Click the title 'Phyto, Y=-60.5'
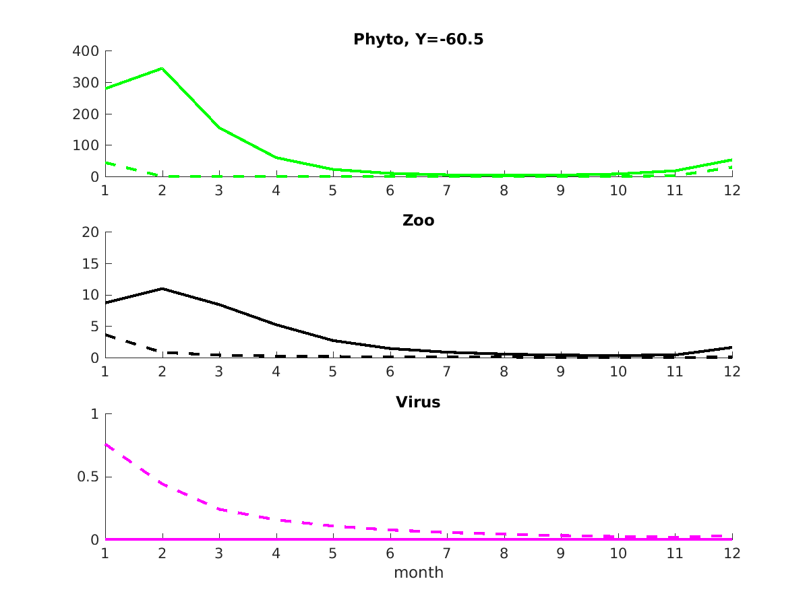(418, 40)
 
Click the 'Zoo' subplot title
(418, 220)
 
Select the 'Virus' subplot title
(418, 402)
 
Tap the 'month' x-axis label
(419, 572)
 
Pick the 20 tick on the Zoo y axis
(90, 232)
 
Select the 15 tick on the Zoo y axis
(90, 264)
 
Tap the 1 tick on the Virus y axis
(95, 414)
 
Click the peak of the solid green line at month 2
(162, 68)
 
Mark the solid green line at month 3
(219, 127)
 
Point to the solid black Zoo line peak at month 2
(162, 288)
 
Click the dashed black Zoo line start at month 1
(106, 335)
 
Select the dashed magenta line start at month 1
(106, 444)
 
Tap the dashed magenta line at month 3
(219, 509)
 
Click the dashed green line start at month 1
(106, 162)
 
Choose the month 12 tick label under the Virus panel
(731, 553)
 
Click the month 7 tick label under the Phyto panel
(447, 190)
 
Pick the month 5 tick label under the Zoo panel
(333, 372)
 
